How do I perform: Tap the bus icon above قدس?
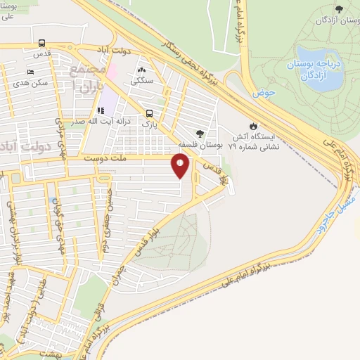point(43,42)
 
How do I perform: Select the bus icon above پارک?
point(149,113)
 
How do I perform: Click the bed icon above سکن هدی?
point(29,72)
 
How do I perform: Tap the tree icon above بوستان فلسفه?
point(202,133)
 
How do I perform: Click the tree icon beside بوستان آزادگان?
point(340,9)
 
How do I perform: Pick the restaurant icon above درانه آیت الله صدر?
point(100,110)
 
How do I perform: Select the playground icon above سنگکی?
point(141,70)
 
